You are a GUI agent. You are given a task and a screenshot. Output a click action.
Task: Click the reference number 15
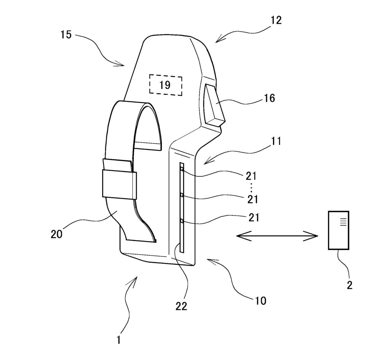click(x=66, y=35)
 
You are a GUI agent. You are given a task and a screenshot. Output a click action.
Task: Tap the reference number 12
click(x=276, y=20)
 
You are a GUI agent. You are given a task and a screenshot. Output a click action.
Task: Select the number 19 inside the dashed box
click(x=165, y=85)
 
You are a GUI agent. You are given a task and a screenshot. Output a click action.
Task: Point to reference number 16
click(x=269, y=98)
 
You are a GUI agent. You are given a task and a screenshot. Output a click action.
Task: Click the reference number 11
click(x=276, y=141)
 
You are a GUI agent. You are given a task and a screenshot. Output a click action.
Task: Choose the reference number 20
click(x=56, y=234)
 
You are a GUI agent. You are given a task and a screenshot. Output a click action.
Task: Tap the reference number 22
click(x=181, y=306)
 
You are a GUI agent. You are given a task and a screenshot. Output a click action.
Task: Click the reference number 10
click(x=261, y=301)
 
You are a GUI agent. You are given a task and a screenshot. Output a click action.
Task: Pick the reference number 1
click(x=119, y=340)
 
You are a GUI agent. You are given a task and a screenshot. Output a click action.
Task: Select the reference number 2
click(x=350, y=285)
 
